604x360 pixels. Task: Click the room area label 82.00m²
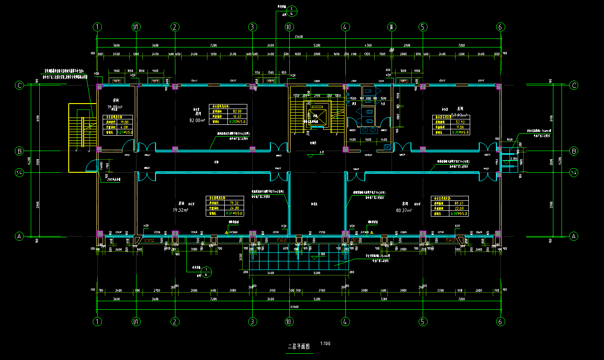[x=198, y=120]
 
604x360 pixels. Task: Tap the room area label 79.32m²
[x=180, y=210]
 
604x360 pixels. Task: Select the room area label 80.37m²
[x=403, y=211]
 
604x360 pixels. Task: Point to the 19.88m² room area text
[x=115, y=107]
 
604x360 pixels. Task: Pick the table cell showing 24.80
[x=234, y=208]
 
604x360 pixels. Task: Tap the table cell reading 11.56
[x=461, y=128]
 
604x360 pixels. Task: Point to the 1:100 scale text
[x=325, y=344]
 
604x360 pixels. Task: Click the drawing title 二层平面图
[x=299, y=347]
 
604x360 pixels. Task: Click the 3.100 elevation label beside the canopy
[x=321, y=255]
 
